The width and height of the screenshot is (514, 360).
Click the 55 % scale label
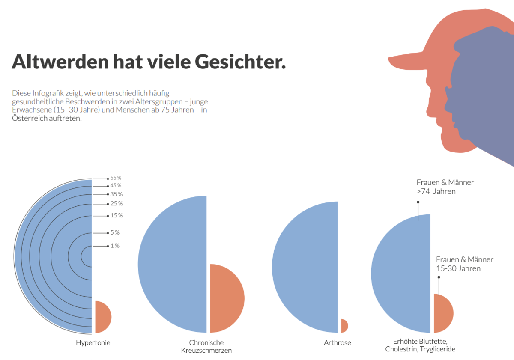(116, 178)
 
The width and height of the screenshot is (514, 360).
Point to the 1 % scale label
(114, 246)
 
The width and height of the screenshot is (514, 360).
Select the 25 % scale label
(116, 203)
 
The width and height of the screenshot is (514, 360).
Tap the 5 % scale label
(114, 233)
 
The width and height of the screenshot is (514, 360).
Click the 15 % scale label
(116, 215)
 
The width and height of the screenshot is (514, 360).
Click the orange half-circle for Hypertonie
(102, 317)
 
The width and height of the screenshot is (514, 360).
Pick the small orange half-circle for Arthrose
(344, 326)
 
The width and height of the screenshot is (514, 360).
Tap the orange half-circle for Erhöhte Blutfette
(442, 313)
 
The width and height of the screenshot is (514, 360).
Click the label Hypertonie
(93, 343)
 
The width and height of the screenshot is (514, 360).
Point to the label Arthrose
(338, 343)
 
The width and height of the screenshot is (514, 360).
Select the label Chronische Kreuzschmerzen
(206, 346)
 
